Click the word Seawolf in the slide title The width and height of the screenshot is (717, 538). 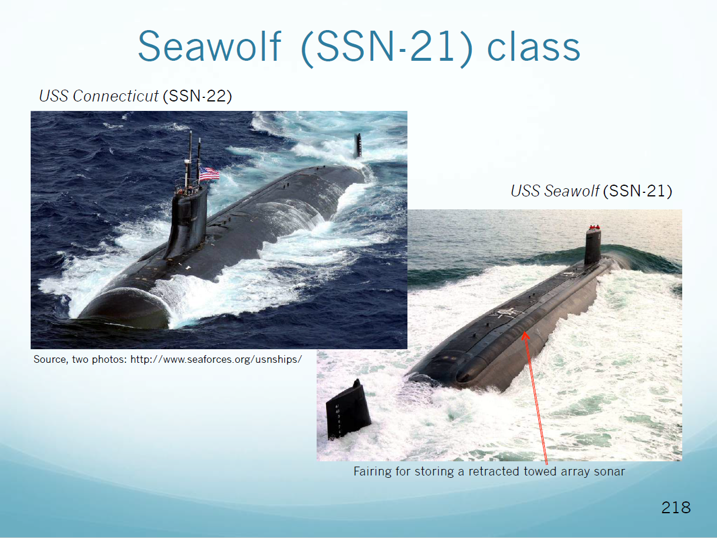coord(209,46)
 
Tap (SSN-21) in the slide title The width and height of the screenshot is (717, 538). coord(387,48)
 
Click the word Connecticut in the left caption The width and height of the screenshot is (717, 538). coord(116,96)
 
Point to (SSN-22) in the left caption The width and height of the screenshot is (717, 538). coord(198,96)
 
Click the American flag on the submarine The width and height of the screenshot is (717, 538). coord(209,174)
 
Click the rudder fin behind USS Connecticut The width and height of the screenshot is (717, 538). coord(358,146)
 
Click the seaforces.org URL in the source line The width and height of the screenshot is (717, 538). coord(216,360)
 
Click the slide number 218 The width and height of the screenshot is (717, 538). coord(676,508)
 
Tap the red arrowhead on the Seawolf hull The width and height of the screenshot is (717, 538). coord(525,336)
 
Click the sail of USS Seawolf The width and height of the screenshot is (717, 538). coord(593,247)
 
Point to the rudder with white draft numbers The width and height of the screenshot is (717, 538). coord(348,409)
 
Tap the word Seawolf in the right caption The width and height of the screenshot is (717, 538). coord(571,191)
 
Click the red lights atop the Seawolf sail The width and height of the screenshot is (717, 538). coord(594,227)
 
